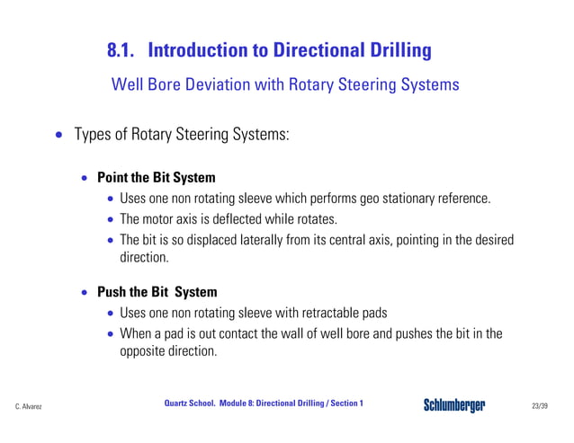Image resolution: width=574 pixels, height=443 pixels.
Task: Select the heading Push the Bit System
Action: (x=157, y=292)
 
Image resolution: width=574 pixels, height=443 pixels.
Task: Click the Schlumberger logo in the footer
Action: (x=454, y=405)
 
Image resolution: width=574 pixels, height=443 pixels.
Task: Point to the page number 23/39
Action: (x=540, y=407)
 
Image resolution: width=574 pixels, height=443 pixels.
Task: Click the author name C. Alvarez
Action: (x=29, y=407)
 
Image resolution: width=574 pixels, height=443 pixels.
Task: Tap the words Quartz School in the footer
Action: (x=190, y=403)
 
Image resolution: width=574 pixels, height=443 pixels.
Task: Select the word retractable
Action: (x=320, y=314)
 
